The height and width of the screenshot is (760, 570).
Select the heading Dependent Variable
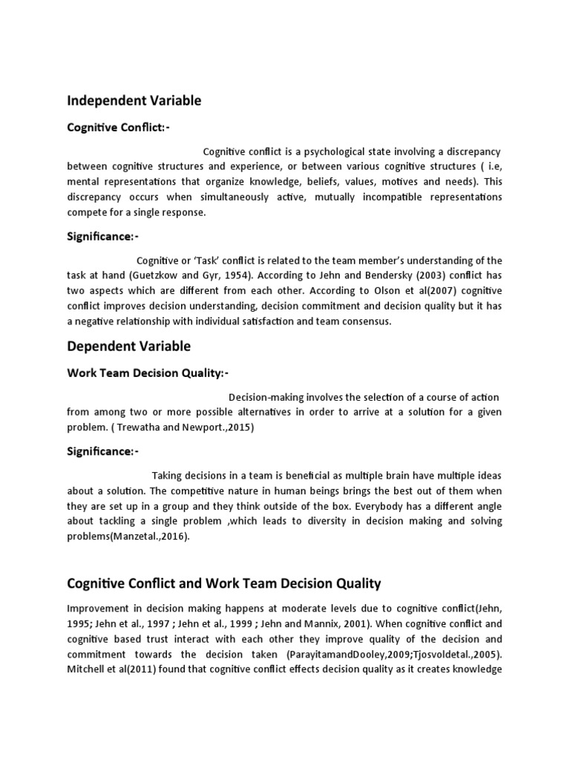[x=128, y=346]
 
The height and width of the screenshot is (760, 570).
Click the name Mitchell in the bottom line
[x=87, y=669]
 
